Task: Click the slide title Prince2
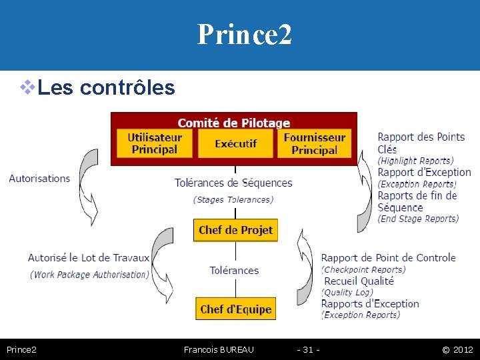pyautogui.click(x=244, y=35)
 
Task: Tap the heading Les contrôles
pyautogui.click(x=106, y=87)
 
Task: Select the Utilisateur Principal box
pyautogui.click(x=155, y=143)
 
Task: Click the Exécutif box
pyautogui.click(x=235, y=143)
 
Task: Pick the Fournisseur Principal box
pyautogui.click(x=314, y=143)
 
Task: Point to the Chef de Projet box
pyautogui.click(x=235, y=230)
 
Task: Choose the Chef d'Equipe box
pyautogui.click(x=235, y=309)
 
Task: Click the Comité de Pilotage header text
pyautogui.click(x=233, y=123)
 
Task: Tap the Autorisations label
pyautogui.click(x=39, y=179)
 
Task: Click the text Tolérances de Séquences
pyautogui.click(x=233, y=183)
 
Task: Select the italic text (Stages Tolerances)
pyautogui.click(x=233, y=199)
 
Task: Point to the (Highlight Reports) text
pyautogui.click(x=415, y=161)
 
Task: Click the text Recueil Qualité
pyautogui.click(x=359, y=281)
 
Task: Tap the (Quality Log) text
pyautogui.click(x=348, y=292)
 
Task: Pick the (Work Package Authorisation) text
pyautogui.click(x=89, y=274)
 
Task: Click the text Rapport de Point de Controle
pyautogui.click(x=388, y=257)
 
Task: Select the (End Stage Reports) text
pyautogui.click(x=418, y=219)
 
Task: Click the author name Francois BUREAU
pyautogui.click(x=219, y=349)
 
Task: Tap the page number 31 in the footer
pyautogui.click(x=308, y=349)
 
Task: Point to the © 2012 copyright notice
pyautogui.click(x=457, y=349)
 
